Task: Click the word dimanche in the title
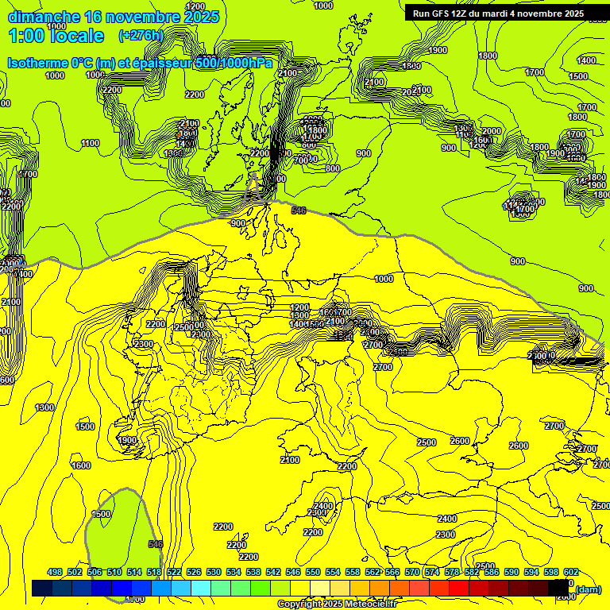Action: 44,17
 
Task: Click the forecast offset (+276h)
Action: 141,36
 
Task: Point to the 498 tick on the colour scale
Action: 55,572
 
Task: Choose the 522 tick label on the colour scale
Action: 174,572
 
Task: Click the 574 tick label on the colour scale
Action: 432,572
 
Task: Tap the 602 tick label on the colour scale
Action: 570,572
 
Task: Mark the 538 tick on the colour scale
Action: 253,572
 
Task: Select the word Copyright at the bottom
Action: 299,604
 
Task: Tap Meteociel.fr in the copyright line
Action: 370,604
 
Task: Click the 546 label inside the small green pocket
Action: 156,544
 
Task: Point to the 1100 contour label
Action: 90,144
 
